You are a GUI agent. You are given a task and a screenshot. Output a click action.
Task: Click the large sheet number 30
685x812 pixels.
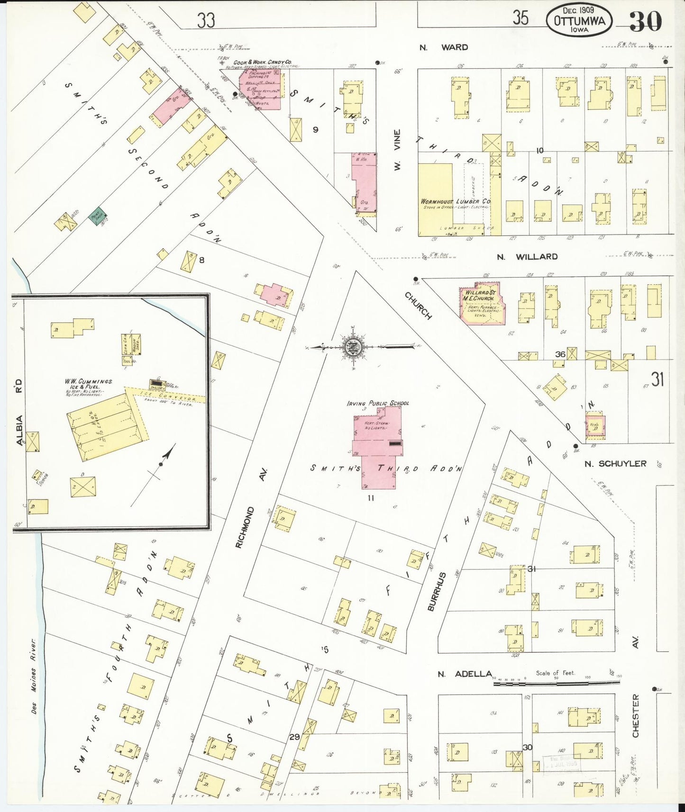(x=645, y=21)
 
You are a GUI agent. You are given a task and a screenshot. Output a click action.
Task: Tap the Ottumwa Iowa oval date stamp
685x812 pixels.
(x=579, y=20)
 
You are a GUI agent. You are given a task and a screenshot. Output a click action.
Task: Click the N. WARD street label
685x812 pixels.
(x=444, y=47)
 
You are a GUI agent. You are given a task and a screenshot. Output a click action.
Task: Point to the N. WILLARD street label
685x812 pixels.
(x=527, y=257)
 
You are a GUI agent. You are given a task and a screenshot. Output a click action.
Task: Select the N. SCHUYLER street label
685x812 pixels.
(x=615, y=463)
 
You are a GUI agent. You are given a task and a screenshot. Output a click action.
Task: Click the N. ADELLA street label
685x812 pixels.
(x=464, y=674)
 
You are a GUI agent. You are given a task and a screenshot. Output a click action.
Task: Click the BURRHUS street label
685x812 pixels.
(x=437, y=591)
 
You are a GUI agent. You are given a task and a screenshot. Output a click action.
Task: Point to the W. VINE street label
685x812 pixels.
(x=397, y=150)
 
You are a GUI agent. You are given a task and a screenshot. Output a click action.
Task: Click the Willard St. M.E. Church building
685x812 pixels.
(x=481, y=304)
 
